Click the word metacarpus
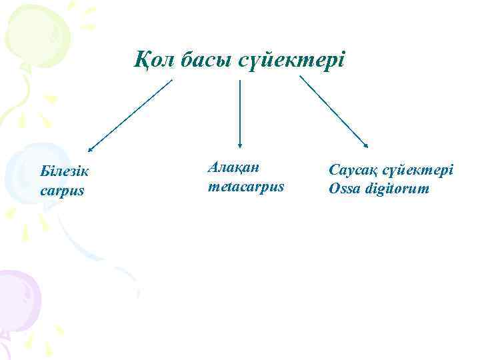click(x=246, y=186)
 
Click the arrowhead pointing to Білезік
click(x=91, y=149)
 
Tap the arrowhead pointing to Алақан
click(x=240, y=143)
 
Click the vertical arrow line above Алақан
click(x=240, y=110)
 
